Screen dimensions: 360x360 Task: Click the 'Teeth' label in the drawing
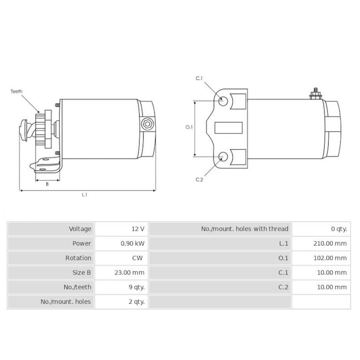point(17,91)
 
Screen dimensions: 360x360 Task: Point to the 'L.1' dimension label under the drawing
point(84,195)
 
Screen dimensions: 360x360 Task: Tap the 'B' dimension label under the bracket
point(47,184)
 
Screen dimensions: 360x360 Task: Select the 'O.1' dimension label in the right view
point(189,127)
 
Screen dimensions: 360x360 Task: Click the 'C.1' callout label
point(199,79)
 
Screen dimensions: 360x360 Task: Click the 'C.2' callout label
point(199,180)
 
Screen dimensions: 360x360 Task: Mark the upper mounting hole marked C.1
point(222,100)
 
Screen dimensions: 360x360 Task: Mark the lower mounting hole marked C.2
point(222,157)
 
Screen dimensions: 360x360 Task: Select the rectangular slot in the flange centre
point(229,128)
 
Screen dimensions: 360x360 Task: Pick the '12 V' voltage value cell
point(138,229)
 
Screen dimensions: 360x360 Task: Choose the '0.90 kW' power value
point(133,243)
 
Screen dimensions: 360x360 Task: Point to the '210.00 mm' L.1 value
point(330,243)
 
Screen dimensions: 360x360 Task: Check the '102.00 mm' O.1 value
point(330,258)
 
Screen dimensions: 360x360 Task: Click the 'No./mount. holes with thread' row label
point(244,229)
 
